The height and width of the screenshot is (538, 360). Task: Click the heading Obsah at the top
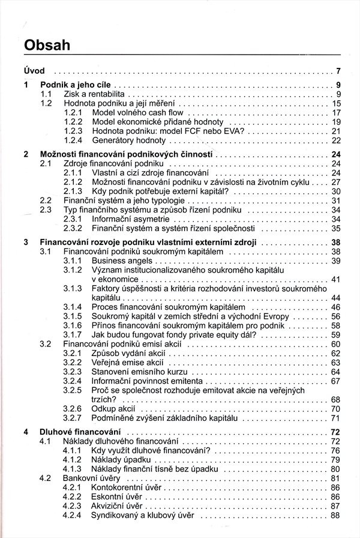[45, 44]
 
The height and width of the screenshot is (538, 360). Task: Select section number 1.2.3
[73, 131]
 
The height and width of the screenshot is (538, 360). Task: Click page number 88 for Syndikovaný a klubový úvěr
[335, 516]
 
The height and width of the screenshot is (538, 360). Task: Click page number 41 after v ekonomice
[335, 280]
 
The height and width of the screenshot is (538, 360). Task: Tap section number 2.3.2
[73, 229]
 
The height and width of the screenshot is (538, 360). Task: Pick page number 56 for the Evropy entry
[335, 316]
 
